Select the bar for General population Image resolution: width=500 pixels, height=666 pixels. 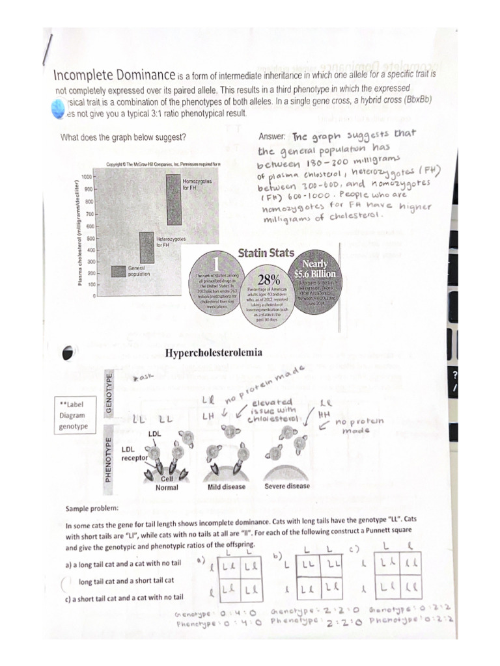[118, 271]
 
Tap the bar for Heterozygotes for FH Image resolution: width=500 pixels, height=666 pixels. [146, 247]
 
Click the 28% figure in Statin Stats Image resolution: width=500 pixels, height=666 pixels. [269, 279]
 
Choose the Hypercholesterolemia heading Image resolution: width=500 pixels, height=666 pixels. [214, 353]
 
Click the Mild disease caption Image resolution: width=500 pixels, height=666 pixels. [226, 486]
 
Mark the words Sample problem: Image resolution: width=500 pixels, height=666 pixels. [91, 507]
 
